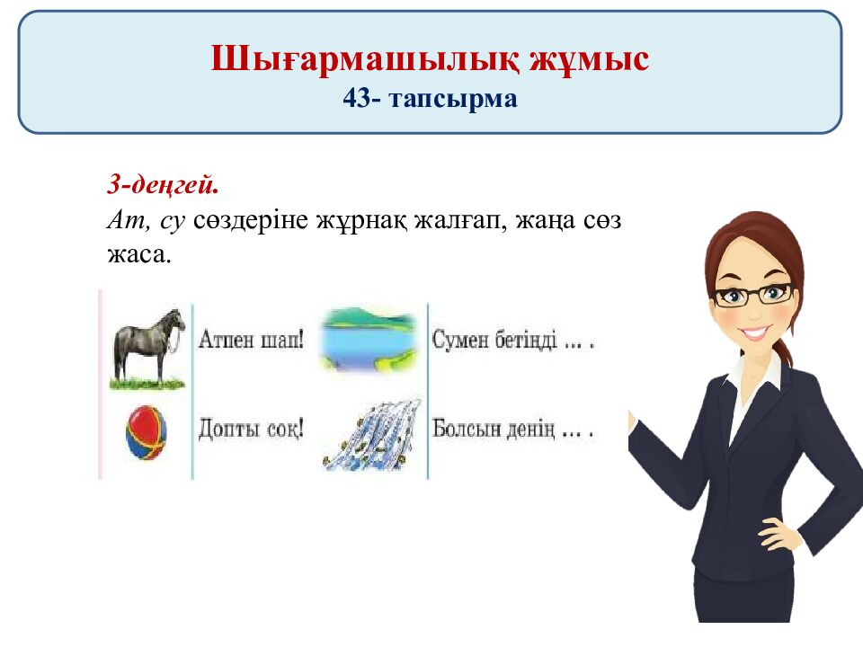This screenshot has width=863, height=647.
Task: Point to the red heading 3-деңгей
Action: [163, 186]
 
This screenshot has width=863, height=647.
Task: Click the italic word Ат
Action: [120, 220]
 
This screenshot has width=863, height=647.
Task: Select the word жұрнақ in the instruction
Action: [361, 221]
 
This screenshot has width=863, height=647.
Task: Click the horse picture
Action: [148, 346]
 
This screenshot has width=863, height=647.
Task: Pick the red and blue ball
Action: [147, 433]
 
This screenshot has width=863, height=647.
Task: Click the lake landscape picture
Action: [369, 339]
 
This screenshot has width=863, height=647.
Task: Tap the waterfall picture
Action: [370, 434]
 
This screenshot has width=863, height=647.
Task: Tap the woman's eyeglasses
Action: [753, 295]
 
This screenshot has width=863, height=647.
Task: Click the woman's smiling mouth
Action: [756, 333]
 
